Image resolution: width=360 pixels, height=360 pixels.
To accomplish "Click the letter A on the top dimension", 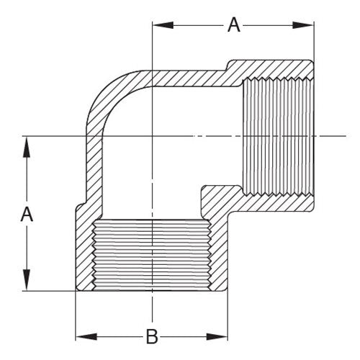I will (x=233, y=24).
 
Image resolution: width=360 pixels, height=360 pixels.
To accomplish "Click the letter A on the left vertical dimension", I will (x=27, y=214).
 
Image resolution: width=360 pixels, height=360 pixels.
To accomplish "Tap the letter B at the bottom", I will (x=152, y=336).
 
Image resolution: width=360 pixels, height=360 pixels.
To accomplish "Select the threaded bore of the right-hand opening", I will (x=277, y=136).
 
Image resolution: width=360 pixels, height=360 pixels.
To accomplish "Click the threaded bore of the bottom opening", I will (x=152, y=255).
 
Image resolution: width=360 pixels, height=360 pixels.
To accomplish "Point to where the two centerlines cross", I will (x=152, y=136).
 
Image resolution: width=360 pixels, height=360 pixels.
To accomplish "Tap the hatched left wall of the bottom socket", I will (x=85, y=252).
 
